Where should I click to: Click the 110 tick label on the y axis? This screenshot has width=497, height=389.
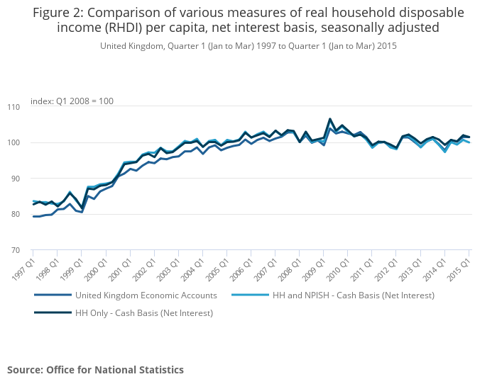click(x=13, y=107)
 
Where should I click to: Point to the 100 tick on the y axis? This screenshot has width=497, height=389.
click(x=13, y=143)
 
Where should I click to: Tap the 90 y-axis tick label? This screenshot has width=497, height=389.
click(x=16, y=179)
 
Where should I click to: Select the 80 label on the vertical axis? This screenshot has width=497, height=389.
click(x=16, y=215)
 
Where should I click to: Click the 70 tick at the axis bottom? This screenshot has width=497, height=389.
click(x=16, y=250)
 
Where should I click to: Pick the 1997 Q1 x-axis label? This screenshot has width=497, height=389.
click(x=23, y=269)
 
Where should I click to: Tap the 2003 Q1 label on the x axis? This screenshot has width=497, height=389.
click(x=169, y=269)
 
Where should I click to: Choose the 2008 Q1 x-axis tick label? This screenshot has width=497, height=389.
click(x=290, y=269)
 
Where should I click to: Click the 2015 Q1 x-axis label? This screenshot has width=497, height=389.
click(x=459, y=269)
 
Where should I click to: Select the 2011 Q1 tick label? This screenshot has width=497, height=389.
click(x=362, y=269)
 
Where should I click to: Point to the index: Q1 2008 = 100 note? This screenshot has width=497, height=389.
click(x=72, y=101)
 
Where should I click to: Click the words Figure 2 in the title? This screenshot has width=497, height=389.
click(x=58, y=13)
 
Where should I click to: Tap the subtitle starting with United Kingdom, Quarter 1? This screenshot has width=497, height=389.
click(x=248, y=46)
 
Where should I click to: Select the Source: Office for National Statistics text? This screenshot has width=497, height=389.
click(x=95, y=370)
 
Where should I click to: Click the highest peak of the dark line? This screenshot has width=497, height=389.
click(x=330, y=119)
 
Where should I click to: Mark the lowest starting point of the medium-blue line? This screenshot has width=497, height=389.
click(x=33, y=216)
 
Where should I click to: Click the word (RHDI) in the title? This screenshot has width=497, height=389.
click(x=124, y=28)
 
